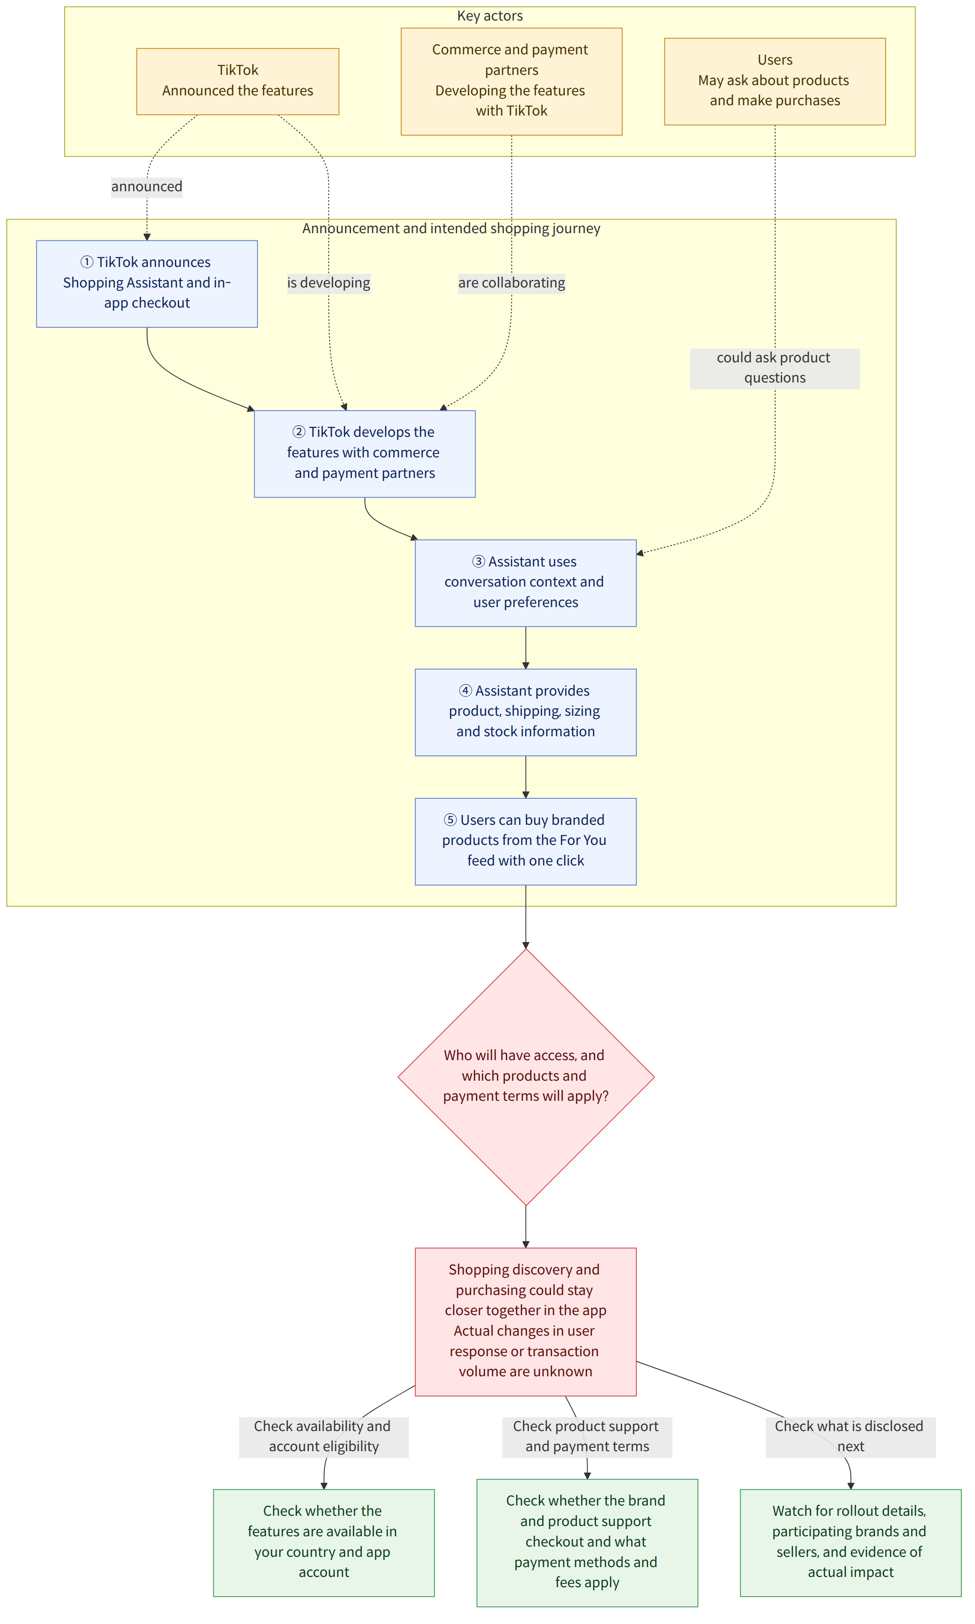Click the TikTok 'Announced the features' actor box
238,81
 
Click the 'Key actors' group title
490,16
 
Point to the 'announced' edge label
147,187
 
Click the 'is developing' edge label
328,283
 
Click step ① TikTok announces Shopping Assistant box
147,283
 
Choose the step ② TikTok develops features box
365,453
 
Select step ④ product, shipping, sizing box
526,712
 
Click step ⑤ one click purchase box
526,841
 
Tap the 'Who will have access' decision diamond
526,1076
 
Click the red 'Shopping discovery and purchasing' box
526,1322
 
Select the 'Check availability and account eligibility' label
323,1437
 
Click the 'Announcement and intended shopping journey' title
451,229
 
